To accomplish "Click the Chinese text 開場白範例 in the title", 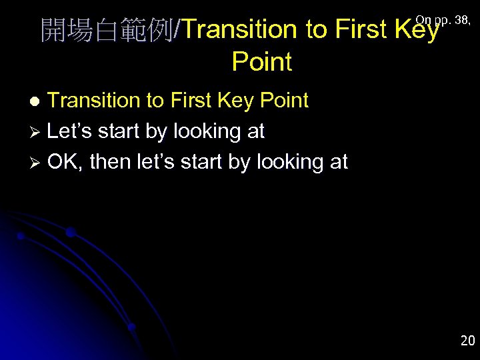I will (105, 31).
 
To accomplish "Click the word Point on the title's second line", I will (261, 62).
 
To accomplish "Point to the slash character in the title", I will (177, 31).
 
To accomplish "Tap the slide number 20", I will (467, 341).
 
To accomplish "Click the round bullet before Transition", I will (37, 101).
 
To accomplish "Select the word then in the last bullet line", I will (109, 162).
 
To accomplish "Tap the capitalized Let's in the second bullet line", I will (71, 131).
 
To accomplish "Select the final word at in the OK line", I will (338, 162).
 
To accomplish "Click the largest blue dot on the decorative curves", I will (70, 232).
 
